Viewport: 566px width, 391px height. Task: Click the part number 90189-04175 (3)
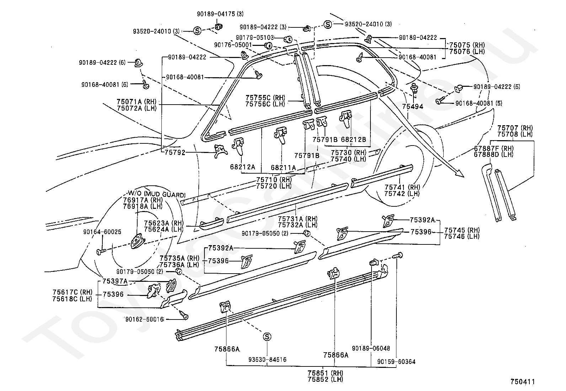220,14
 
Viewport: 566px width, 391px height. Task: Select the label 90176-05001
233,45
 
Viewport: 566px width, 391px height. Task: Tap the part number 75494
413,106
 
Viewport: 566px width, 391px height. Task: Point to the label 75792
175,153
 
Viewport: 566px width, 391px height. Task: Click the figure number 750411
523,382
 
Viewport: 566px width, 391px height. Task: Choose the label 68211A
283,168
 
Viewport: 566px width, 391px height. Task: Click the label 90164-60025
102,232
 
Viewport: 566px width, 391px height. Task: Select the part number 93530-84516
267,359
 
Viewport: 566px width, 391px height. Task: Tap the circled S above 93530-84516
267,337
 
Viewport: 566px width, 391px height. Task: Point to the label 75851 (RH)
325,373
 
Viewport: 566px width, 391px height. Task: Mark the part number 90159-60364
396,362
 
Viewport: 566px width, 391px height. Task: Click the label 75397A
115,281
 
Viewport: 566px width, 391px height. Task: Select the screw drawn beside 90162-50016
184,315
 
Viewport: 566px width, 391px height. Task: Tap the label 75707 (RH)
515,128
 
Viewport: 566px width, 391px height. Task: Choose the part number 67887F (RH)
494,148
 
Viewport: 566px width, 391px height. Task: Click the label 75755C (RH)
265,97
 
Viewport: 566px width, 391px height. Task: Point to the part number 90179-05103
255,38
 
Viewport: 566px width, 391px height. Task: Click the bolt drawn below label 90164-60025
101,252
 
